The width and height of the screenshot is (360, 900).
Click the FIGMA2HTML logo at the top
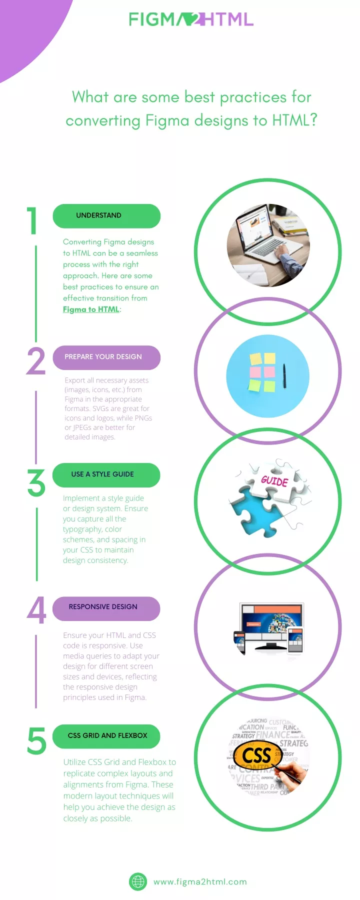point(191,19)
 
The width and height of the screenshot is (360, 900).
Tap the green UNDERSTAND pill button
point(106,215)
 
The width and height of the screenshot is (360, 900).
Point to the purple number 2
point(36,360)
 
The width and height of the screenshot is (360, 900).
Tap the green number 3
point(36,482)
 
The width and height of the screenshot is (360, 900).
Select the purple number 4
point(36,610)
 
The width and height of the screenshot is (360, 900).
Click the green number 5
point(36,741)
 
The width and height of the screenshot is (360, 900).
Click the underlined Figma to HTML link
point(91,309)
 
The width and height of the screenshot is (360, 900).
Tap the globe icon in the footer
point(138,881)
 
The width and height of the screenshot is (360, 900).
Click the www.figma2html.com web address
point(200,882)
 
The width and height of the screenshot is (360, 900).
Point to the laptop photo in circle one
point(268,245)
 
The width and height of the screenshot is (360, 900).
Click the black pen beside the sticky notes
point(284,376)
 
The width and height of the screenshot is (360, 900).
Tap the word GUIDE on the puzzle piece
point(274,481)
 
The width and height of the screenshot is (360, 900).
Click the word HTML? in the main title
point(294,120)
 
